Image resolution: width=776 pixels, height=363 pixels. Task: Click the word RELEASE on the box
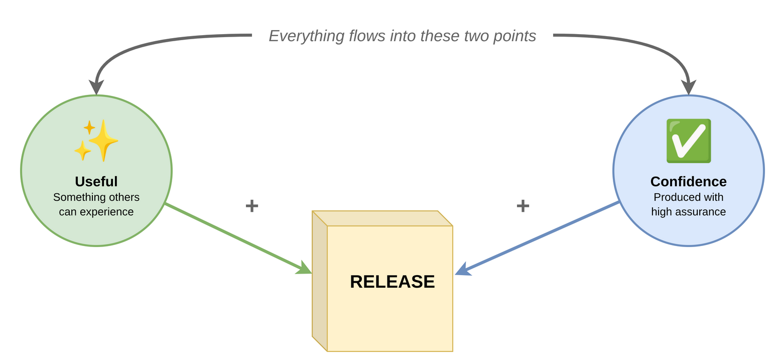[x=392, y=282]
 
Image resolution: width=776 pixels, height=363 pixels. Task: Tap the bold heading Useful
[x=96, y=181]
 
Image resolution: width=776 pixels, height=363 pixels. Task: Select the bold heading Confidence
[x=688, y=181]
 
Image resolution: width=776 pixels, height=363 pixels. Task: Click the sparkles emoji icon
[x=97, y=140]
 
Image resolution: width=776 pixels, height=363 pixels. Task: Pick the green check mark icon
[x=688, y=141]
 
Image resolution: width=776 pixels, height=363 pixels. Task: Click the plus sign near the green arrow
[x=251, y=205]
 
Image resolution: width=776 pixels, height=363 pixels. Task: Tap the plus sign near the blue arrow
[x=523, y=205]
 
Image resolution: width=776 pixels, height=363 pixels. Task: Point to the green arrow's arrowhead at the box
[x=305, y=269]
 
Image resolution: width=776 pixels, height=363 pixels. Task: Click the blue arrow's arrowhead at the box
[x=462, y=270]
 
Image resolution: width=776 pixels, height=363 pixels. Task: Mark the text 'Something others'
[x=96, y=197]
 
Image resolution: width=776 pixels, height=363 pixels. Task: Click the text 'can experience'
[x=96, y=212]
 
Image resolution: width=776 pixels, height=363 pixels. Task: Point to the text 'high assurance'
[x=688, y=212]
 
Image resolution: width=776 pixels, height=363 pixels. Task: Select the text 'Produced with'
[x=688, y=197]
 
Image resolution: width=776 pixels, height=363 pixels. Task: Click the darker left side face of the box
[x=319, y=281]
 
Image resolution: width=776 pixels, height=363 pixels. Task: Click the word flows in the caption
[x=367, y=36]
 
